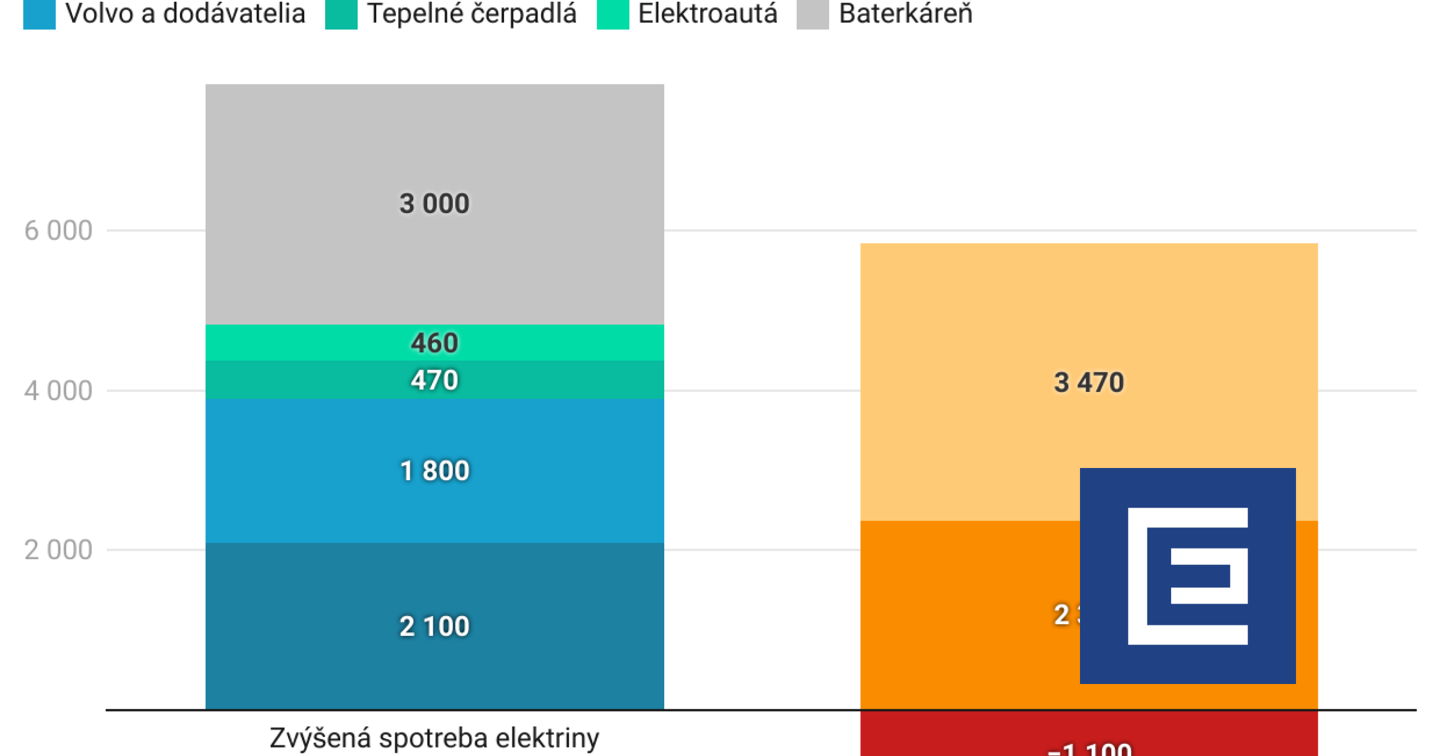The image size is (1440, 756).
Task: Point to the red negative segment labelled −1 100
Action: (960, 735)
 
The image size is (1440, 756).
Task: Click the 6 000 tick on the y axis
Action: (58, 231)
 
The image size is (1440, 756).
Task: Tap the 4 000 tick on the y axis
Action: (58, 391)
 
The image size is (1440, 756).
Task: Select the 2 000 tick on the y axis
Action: (58, 550)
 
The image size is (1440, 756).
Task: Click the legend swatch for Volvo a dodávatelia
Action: (39, 14)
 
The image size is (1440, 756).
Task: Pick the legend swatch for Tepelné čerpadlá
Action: (341, 14)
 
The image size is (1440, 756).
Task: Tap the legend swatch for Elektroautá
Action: (613, 14)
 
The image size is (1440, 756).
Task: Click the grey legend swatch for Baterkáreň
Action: (812, 14)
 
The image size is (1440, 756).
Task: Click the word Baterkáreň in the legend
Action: (905, 14)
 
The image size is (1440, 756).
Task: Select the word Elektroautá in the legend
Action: (707, 14)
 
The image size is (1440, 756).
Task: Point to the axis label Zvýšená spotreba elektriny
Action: (434, 738)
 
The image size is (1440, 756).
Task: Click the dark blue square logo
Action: (1187, 576)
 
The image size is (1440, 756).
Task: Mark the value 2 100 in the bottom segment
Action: (434, 626)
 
